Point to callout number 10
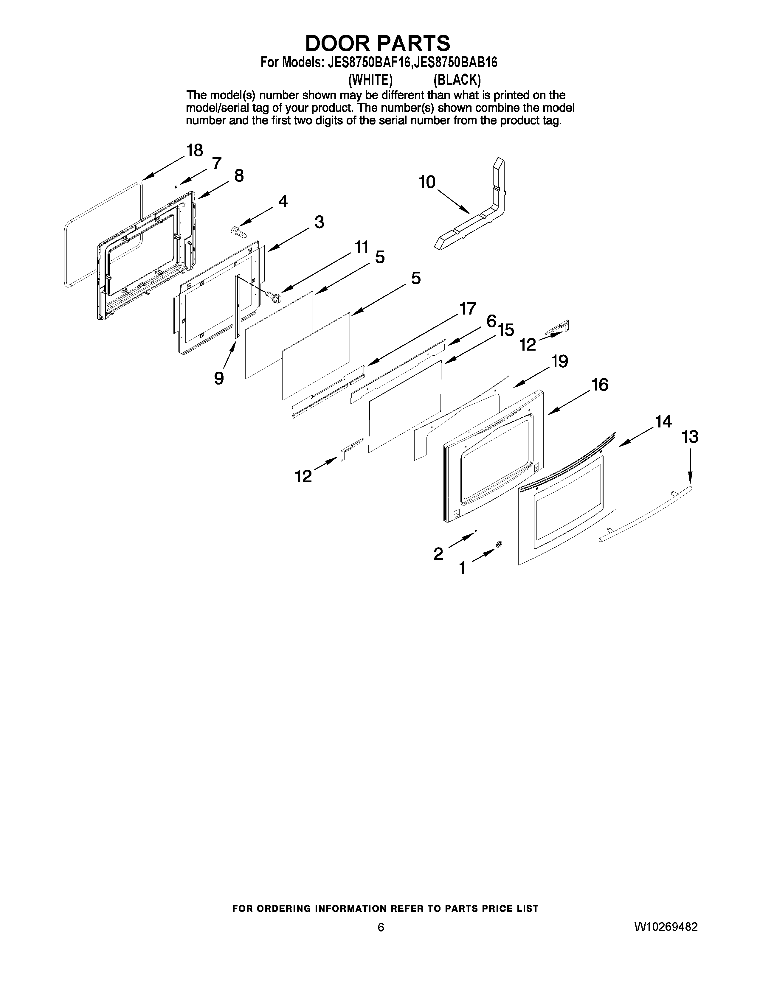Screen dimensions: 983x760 (x=427, y=182)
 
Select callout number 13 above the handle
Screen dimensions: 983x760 (x=690, y=437)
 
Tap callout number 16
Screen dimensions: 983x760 (x=600, y=385)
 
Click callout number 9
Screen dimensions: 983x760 (x=219, y=378)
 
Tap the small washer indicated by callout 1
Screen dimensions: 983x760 (x=498, y=545)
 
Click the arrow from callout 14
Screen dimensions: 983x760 (x=635, y=438)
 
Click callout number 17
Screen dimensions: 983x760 (x=467, y=309)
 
